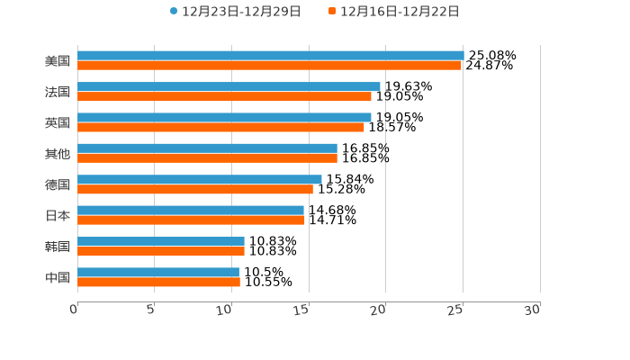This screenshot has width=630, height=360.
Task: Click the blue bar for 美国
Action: pos(270,55)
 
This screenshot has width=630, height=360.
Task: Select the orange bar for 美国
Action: pos(269,66)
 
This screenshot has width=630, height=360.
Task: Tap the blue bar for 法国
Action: pos(229,86)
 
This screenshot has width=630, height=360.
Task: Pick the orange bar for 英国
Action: pos(220,127)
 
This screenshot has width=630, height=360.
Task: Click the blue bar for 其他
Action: pos(207,148)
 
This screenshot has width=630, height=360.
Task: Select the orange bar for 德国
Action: pos(195,189)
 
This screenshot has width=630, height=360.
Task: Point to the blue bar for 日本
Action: pos(191,210)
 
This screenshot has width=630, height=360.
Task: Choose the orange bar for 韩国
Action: pos(161,251)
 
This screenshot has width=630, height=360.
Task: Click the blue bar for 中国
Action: pos(158,272)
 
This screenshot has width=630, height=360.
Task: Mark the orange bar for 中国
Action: pos(158,282)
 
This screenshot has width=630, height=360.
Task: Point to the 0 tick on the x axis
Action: pos(75,310)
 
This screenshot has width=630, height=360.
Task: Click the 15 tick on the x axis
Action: pos(301,310)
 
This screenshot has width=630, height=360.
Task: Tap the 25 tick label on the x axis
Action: pos(456,310)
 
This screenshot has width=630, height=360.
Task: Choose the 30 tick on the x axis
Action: pos(533,310)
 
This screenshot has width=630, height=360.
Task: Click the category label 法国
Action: pos(58,92)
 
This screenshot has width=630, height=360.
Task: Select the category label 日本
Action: pos(58,215)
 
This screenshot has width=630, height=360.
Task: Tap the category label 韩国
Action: pos(58,246)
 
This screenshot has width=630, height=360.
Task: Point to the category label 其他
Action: pos(58,153)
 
